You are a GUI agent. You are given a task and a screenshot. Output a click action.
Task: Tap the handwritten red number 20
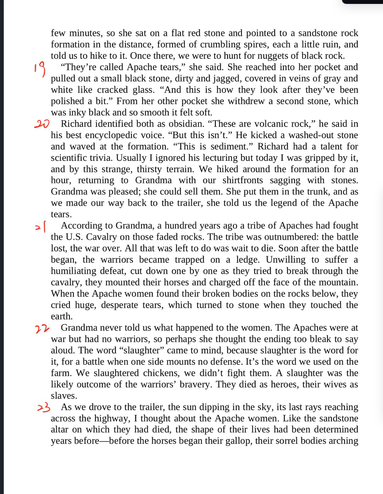point(42,124)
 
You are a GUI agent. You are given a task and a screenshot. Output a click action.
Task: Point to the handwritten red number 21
point(40,227)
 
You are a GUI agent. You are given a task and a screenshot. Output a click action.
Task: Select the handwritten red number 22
point(42,329)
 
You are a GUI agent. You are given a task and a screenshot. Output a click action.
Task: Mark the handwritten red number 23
point(43,408)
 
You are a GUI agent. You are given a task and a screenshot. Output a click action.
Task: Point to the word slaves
point(63,396)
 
